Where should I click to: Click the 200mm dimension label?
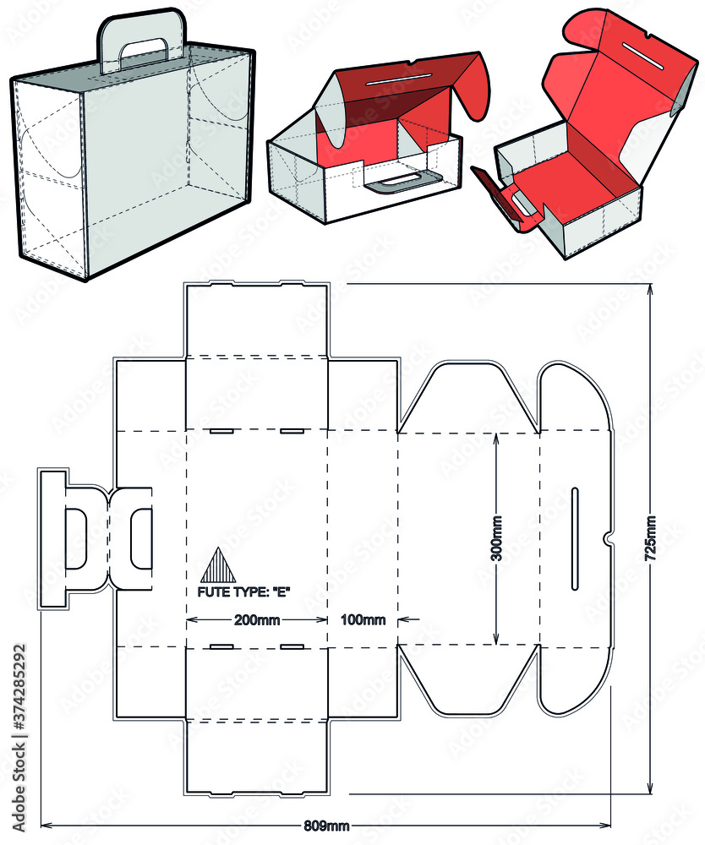pos(257,620)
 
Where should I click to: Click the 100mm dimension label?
pos(363,620)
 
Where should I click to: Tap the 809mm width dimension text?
pos(326,825)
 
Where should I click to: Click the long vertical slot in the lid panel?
pos(576,538)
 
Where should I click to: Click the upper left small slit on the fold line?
pos(222,432)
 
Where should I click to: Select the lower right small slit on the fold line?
pos(292,646)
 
